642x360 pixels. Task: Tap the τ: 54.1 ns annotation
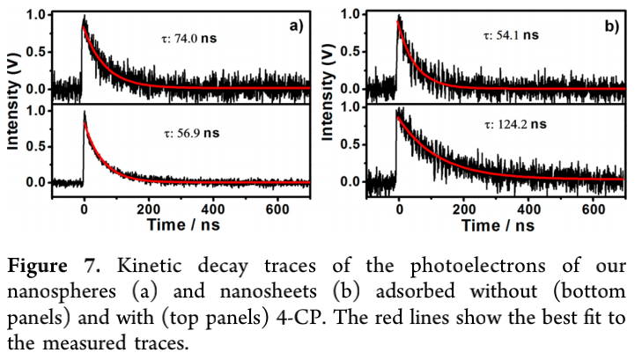(511, 35)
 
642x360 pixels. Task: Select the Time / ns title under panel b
(498, 224)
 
